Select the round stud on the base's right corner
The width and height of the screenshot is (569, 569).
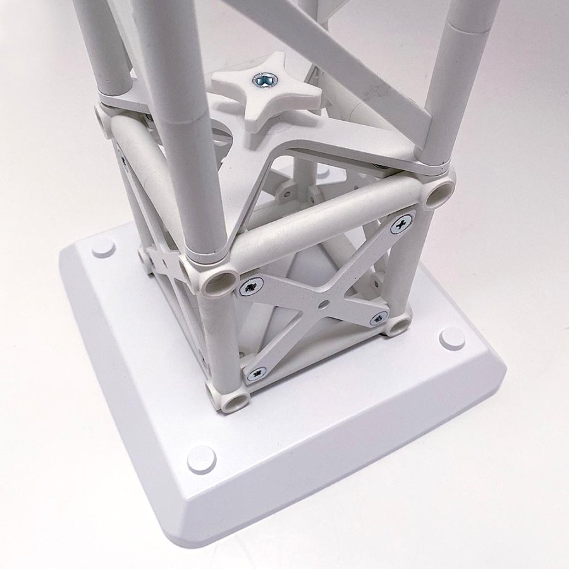(451, 338)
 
